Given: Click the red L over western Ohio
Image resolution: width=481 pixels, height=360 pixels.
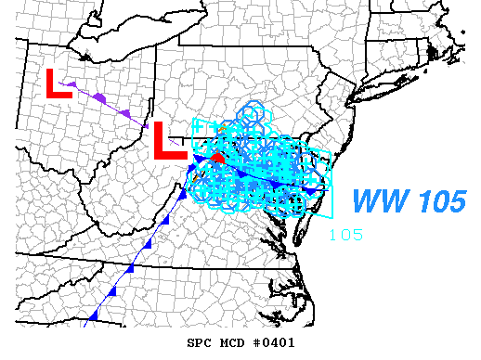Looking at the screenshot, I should (58, 84).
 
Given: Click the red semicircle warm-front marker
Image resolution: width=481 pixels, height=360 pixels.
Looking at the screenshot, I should (217, 159).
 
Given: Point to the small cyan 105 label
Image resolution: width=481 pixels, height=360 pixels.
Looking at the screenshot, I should (345, 234).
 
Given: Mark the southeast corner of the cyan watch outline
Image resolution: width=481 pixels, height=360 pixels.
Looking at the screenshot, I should (330, 215).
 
